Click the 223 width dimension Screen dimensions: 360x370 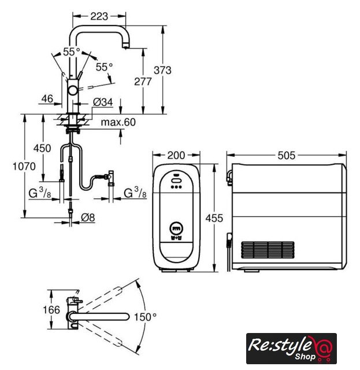[99, 16]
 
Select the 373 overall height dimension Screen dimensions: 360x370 [162, 70]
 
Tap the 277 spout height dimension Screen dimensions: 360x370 [143, 82]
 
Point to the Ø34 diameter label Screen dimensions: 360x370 [103, 102]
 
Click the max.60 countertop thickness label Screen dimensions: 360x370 [118, 122]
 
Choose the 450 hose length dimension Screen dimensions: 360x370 [42, 148]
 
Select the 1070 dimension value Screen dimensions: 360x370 [24, 166]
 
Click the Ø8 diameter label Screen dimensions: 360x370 [88, 217]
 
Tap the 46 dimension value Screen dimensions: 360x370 [47, 99]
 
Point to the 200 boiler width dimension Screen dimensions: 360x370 [176, 156]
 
